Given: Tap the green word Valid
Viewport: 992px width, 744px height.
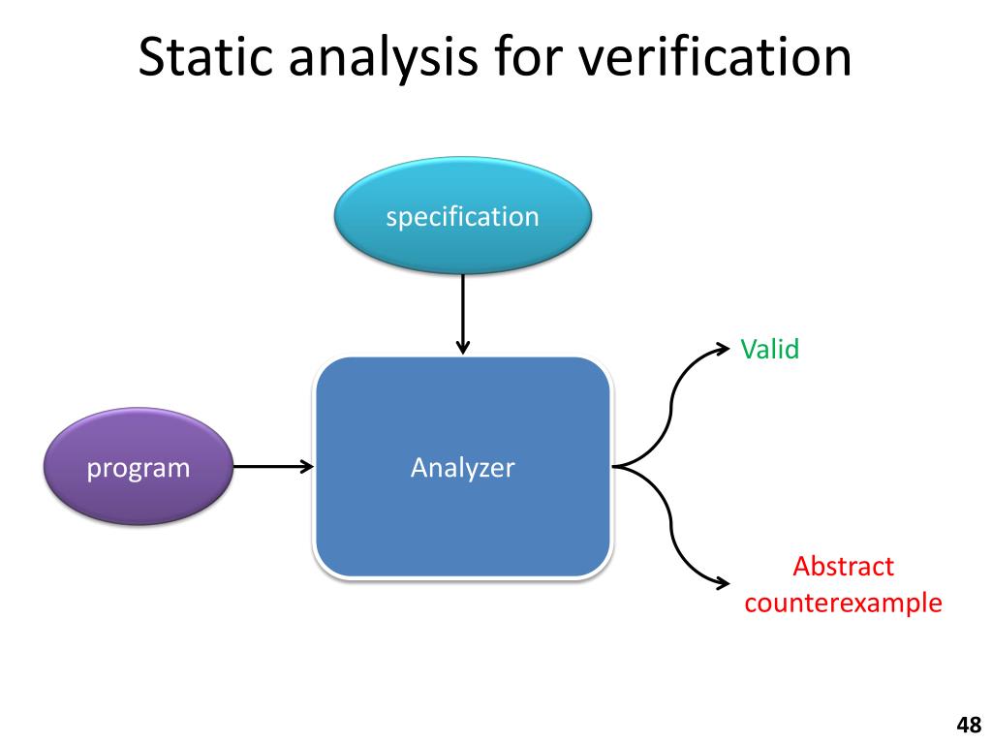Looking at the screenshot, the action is point(770,349).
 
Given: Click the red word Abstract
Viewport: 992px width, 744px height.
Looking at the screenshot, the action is point(843,567).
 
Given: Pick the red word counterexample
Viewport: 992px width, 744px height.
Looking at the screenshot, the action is point(843,603).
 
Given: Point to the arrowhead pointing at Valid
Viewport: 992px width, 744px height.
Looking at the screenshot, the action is point(723,346).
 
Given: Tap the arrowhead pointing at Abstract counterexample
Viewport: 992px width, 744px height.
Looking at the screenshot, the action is point(723,583).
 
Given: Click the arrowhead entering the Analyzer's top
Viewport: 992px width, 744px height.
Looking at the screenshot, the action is point(462,349).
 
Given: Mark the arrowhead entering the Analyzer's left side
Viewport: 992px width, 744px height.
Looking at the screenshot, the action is point(307,467).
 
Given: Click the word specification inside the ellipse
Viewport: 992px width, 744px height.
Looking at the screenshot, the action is point(462,216).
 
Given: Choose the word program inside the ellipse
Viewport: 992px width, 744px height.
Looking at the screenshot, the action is point(139,469).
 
